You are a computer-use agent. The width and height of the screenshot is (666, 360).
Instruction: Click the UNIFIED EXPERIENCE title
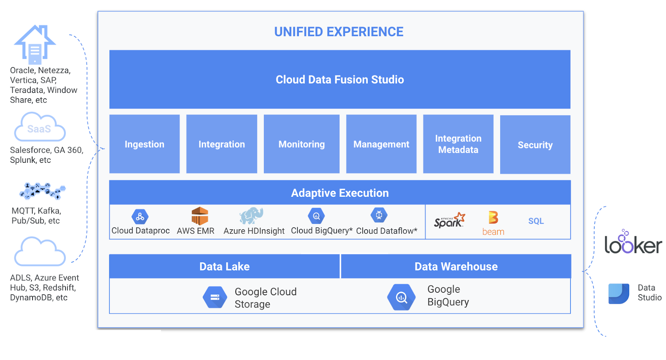point(339,32)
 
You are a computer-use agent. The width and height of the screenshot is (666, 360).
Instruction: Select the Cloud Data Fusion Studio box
point(340,79)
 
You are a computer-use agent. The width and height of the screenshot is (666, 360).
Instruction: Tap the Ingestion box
point(144,144)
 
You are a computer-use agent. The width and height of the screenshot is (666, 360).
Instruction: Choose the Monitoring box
point(302,144)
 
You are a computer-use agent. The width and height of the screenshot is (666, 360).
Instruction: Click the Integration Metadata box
point(458,144)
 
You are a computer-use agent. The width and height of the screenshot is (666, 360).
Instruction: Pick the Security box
point(535,145)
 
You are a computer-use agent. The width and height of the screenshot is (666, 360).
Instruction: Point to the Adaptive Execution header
point(340,193)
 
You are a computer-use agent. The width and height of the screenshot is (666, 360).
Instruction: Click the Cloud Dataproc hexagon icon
point(140,217)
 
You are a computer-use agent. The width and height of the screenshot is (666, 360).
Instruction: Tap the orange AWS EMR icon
point(199,216)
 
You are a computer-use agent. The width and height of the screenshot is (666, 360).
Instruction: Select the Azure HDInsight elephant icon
point(251,216)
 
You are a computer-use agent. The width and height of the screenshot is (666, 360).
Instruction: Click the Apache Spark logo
point(449,220)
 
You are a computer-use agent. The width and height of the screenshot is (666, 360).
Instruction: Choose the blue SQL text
point(536,221)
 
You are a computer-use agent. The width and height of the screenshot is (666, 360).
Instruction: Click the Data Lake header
point(224,266)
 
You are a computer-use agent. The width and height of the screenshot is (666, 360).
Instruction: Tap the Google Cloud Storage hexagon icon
point(215,297)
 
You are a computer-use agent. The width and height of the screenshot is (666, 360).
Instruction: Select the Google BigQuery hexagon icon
point(401,297)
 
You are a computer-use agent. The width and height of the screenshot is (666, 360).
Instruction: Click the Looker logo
point(633,242)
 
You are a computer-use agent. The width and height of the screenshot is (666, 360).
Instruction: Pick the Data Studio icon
point(619,294)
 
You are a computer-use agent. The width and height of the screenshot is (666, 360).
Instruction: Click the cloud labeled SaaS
point(40,128)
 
